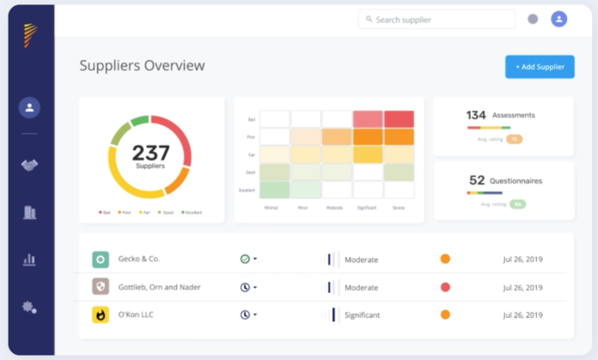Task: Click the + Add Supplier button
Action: coord(540,67)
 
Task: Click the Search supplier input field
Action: coord(438,19)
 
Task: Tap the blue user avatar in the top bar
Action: coord(559,19)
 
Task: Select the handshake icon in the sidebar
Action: coord(30,165)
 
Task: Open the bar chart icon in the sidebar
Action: coord(30,259)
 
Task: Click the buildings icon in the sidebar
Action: coord(30,212)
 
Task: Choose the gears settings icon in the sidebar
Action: coord(30,307)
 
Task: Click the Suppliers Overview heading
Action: coord(142,65)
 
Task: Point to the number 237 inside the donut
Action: coord(150,153)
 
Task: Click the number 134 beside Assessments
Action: coord(476,115)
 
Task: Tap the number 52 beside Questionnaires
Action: coord(477,180)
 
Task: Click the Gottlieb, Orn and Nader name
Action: coord(161,287)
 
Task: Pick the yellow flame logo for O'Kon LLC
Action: coord(101,314)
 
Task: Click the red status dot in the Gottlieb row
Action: coord(445,287)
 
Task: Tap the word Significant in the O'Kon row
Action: coord(362,315)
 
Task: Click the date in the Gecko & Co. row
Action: coord(522,259)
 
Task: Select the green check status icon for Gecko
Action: coord(245,259)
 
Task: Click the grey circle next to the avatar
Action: coord(533,19)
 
